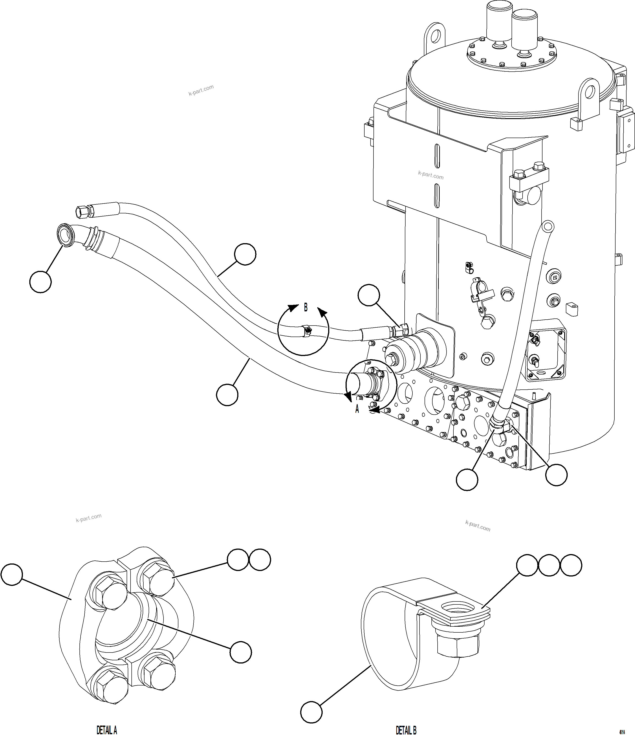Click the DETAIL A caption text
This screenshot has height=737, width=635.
point(107,730)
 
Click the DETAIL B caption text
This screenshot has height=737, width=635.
point(406,730)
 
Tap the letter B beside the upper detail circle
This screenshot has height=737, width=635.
point(305,307)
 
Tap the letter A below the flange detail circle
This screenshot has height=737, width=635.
point(357,409)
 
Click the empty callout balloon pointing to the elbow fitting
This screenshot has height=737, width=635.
point(40,282)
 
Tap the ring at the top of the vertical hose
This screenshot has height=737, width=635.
point(547,226)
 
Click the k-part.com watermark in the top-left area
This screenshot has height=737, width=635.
point(201,90)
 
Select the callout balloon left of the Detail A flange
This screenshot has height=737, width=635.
point(11,574)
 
